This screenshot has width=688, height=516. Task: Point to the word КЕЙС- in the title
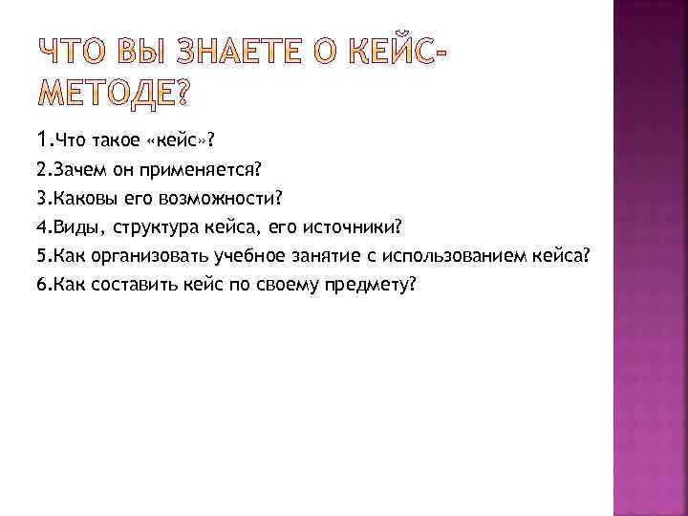pyautogui.click(x=387, y=58)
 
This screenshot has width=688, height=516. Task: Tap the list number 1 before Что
pyautogui.click(x=43, y=141)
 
